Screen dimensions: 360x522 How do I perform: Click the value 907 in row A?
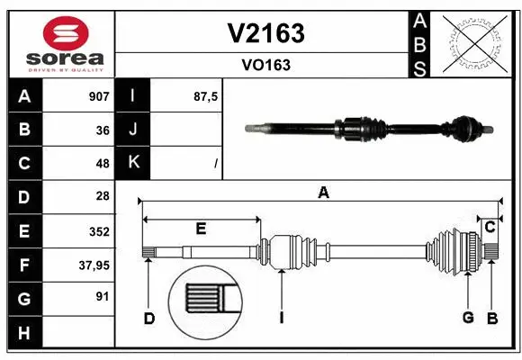[99, 95]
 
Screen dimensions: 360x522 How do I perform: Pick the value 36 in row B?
[103, 130]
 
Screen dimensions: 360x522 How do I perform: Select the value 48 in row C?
[103, 163]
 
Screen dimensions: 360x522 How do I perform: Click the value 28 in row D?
[103, 196]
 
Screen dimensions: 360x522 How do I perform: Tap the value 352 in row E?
[99, 230]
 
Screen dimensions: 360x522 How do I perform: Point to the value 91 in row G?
[103, 296]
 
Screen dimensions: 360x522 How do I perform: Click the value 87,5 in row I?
[206, 95]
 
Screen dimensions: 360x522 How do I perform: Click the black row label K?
[134, 163]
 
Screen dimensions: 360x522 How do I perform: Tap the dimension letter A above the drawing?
[322, 191]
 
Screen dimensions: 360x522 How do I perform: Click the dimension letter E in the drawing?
[201, 229]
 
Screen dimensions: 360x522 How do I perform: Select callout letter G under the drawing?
[468, 317]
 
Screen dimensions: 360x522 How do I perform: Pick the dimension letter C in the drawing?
[490, 227]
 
